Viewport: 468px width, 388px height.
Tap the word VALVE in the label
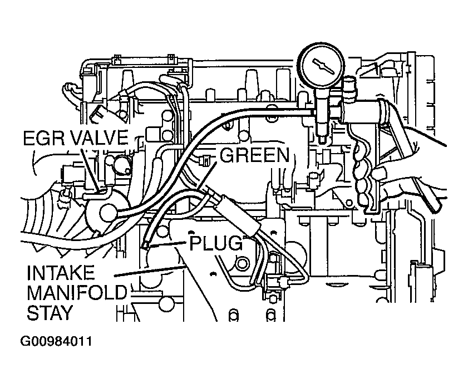tap(97, 137)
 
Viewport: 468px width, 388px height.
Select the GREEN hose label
tap(253, 155)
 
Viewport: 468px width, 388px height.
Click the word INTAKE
tap(61, 273)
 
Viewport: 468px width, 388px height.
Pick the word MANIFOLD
tap(76, 293)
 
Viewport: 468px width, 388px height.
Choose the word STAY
tap(50, 312)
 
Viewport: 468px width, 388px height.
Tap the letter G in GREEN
tap(225, 155)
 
